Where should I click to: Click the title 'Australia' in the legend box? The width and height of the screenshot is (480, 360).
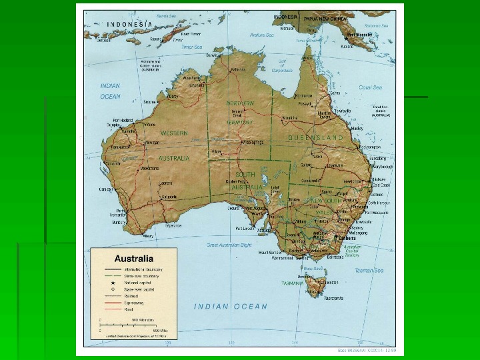pos(135,258)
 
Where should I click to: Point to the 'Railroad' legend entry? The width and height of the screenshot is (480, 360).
pos(131,296)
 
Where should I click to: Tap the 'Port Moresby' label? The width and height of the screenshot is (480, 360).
pos(359,33)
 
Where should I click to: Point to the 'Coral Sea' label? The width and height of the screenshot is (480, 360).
pos(370,87)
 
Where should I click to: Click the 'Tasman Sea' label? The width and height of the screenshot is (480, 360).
pos(369,270)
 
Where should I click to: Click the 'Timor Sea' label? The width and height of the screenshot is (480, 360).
pos(191,47)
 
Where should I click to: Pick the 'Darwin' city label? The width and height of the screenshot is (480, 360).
pos(212,55)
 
